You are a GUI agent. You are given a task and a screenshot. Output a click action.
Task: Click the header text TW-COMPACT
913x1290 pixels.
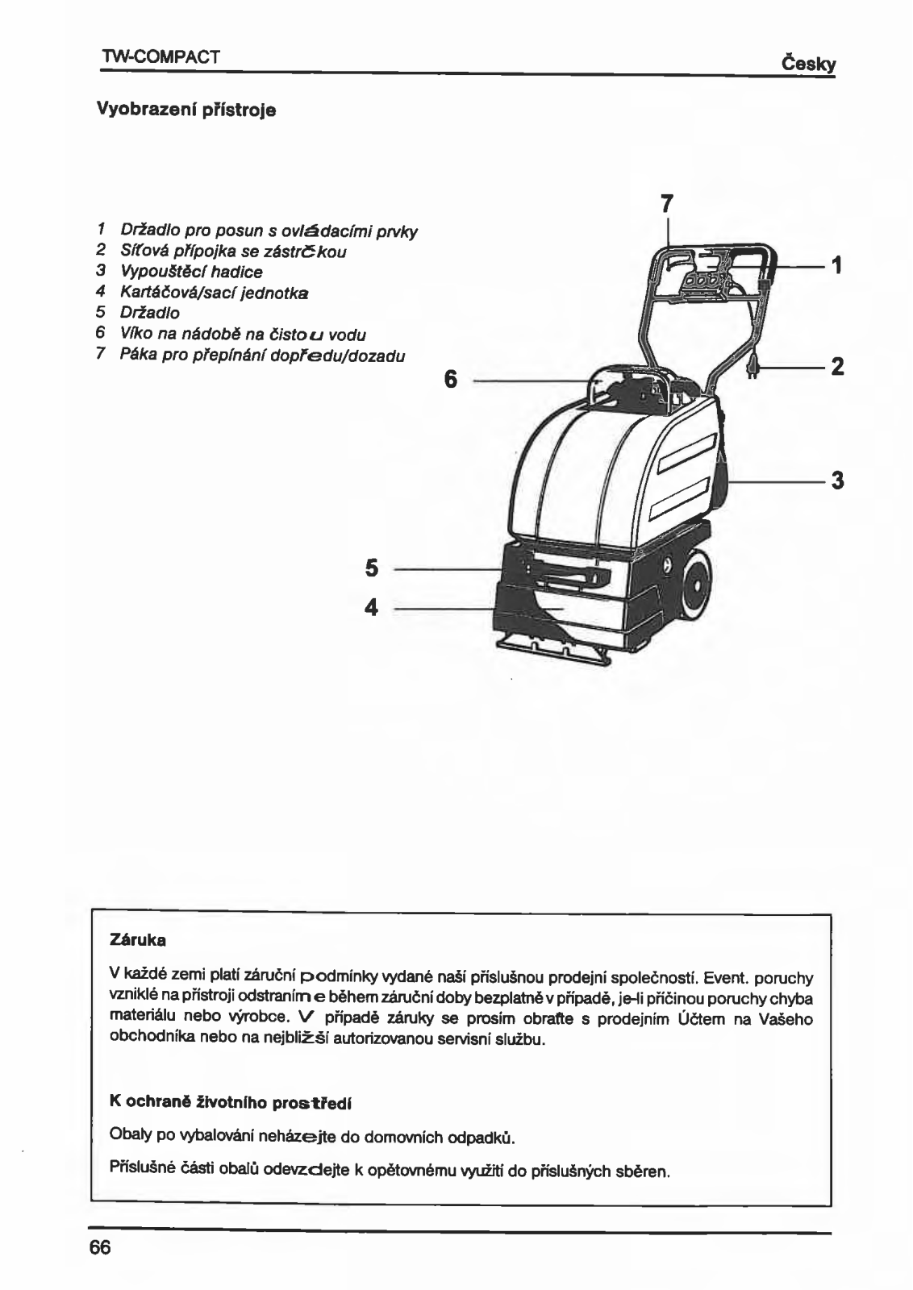[x=161, y=58]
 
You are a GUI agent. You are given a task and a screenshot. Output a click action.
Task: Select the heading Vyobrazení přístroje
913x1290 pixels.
[x=186, y=109]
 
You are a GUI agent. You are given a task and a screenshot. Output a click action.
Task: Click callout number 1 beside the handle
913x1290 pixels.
[x=837, y=264]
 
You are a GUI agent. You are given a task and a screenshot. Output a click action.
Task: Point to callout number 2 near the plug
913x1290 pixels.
[x=837, y=367]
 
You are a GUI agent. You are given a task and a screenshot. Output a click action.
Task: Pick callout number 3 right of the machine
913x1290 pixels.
[x=837, y=481]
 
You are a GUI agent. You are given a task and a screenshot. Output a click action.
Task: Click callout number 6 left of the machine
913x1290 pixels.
[x=451, y=378]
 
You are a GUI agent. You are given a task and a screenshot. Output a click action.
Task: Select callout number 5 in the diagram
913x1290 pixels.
[x=371, y=568]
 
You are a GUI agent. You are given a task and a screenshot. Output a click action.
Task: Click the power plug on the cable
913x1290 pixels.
[x=753, y=367]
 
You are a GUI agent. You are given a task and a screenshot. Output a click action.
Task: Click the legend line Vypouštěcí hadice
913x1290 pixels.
[x=191, y=272]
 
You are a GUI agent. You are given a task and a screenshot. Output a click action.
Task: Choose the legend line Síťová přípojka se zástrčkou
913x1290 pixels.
[x=233, y=252]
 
